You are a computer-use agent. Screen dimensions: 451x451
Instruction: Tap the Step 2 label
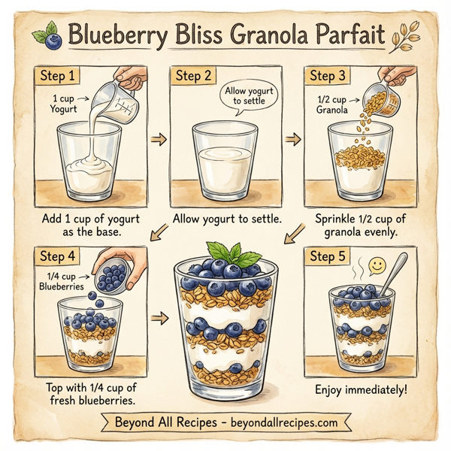[195, 76]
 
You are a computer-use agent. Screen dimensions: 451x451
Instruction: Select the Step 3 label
[328, 76]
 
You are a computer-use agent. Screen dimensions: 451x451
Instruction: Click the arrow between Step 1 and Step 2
[158, 140]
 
